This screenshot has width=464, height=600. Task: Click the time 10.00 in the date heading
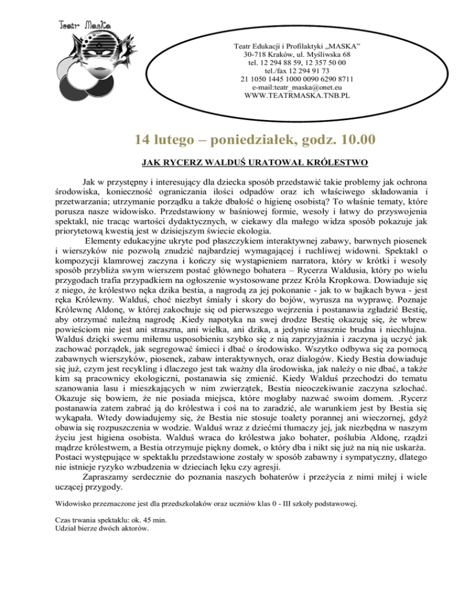(x=352, y=139)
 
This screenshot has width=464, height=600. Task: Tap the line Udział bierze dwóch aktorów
(x=101, y=529)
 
